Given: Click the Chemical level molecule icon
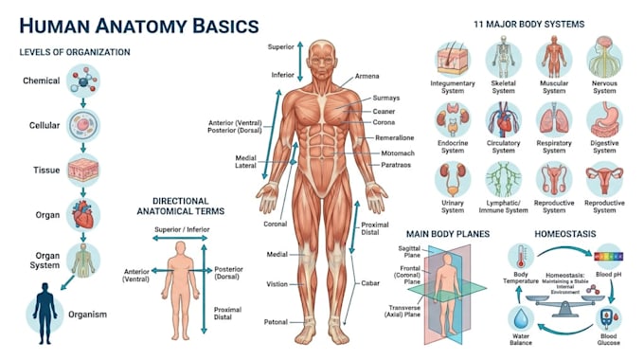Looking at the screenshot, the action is click(83, 81).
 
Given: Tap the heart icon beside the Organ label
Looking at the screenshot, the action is click(83, 214).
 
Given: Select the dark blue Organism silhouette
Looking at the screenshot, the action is click(45, 314).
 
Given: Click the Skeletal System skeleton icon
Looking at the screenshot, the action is click(503, 58).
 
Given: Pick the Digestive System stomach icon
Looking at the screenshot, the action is click(604, 119).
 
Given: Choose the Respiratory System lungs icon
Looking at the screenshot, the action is click(554, 119).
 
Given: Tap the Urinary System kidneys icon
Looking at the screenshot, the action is click(453, 179).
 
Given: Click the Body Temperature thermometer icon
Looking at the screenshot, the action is click(521, 257).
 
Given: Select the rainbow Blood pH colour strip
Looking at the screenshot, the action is click(609, 257).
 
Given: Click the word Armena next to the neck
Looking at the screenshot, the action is click(367, 76).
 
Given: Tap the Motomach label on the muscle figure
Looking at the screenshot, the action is click(398, 153).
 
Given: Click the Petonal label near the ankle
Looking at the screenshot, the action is click(276, 322).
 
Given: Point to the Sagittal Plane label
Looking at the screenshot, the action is click(409, 251).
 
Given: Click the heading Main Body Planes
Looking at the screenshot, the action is click(448, 234).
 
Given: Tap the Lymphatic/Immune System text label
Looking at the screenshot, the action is click(503, 207).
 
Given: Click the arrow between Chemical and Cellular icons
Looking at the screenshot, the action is click(83, 102).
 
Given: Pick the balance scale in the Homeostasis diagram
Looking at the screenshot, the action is click(565, 304).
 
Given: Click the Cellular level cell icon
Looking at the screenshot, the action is click(83, 125).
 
